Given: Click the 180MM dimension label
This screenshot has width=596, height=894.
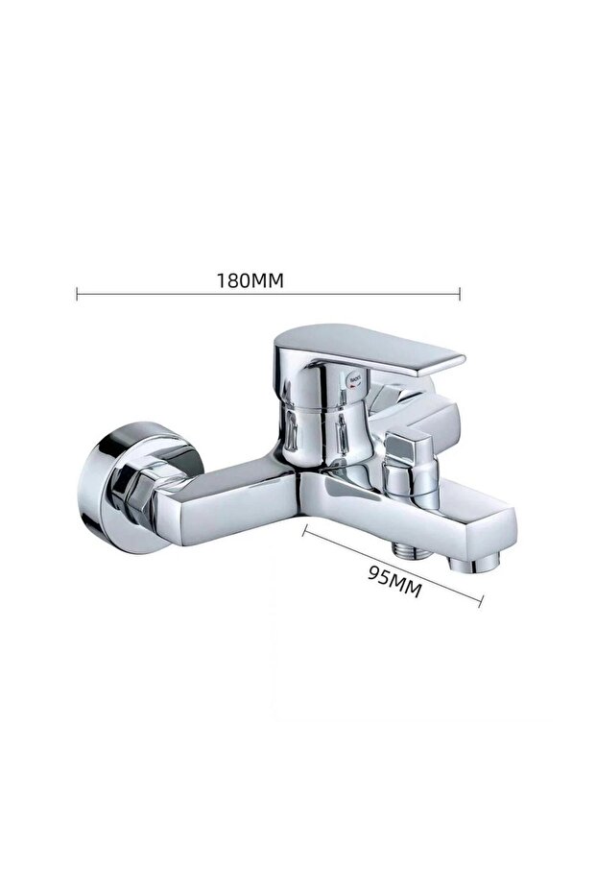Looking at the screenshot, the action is click(250, 280).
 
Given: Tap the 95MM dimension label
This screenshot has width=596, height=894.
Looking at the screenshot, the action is click(394, 581).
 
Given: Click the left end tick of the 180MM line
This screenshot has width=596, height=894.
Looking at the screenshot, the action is click(77, 294).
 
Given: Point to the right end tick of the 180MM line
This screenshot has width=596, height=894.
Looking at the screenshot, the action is click(460, 294).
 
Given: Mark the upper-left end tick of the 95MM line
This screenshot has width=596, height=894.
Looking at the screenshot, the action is click(304, 532).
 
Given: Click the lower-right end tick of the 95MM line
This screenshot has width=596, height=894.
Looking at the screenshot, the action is click(481, 600).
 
